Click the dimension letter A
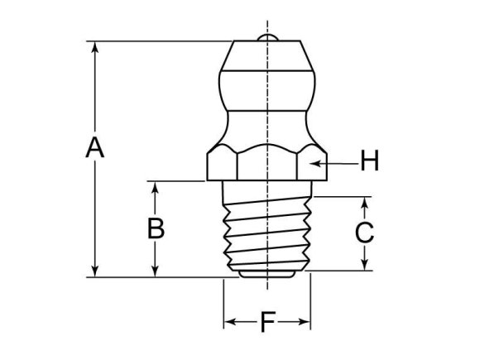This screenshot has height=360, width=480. point(96,149)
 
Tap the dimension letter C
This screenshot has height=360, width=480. point(364,233)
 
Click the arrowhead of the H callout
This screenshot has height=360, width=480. point(315,162)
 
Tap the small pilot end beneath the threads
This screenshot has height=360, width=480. point(267,271)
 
